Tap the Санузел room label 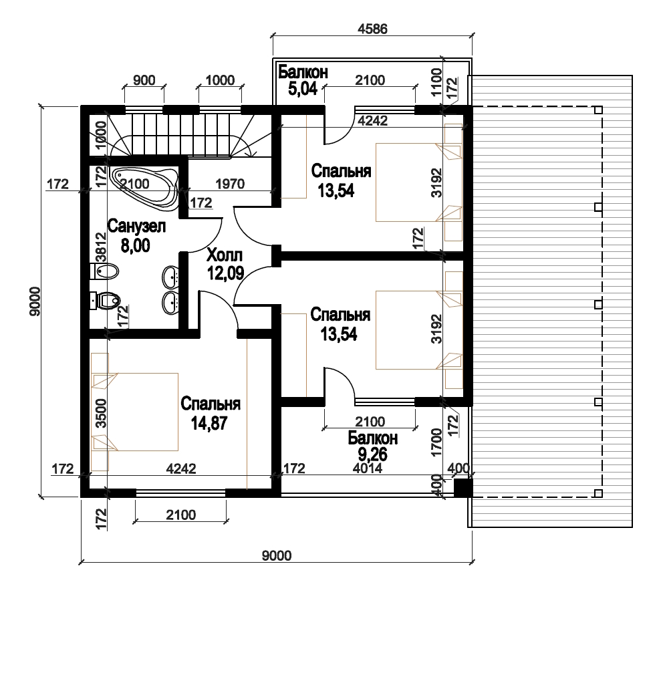point(136,226)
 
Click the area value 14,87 point(209,423)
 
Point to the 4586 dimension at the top point(372,29)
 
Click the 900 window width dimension point(144,80)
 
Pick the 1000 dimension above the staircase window point(220,80)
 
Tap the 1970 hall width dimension point(230,184)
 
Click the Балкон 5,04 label point(303,80)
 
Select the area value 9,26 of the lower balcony point(372,454)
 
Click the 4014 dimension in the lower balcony point(368,468)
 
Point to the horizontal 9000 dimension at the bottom point(277,556)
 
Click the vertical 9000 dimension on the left point(35,301)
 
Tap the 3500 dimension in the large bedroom point(101,413)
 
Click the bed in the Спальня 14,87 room point(135,412)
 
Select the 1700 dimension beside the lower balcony point(437,442)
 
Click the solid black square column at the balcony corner point(463,488)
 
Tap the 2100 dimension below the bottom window point(181,515)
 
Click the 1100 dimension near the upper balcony point(437,82)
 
